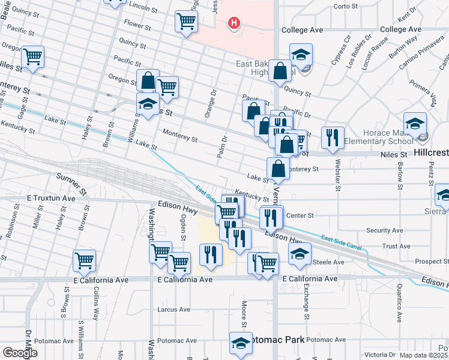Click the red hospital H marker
pos(234,23)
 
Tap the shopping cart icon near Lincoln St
pos(187,22)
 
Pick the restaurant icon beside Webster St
pos(332,137)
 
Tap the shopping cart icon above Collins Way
pos(85,261)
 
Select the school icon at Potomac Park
pos(241,343)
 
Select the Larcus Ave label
pos(173,310)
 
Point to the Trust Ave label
pos(396,246)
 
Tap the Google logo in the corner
pos(20,353)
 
